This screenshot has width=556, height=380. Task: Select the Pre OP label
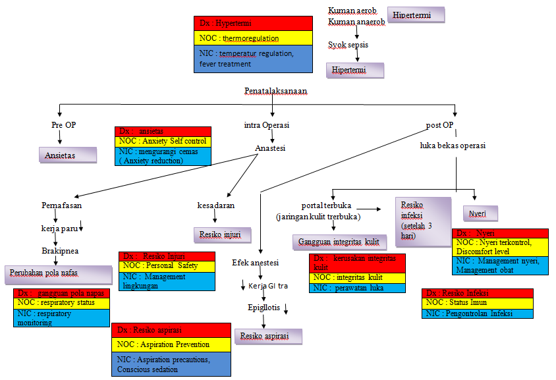(x=64, y=124)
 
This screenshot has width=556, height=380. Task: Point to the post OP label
(x=439, y=124)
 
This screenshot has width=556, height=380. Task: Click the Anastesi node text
(x=270, y=148)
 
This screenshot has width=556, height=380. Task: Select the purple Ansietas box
(x=67, y=155)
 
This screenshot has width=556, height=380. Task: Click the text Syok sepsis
(x=348, y=45)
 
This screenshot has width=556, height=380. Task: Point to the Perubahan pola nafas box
(x=59, y=273)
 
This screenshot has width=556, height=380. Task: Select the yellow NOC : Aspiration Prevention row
(x=171, y=344)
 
